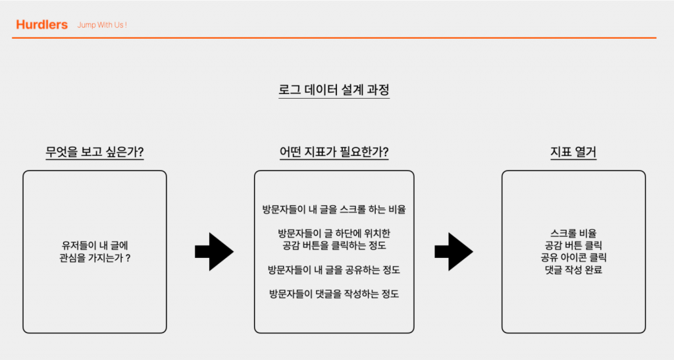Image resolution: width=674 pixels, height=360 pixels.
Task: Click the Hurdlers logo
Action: click(x=41, y=25)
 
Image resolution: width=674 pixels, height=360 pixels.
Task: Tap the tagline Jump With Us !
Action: click(x=102, y=25)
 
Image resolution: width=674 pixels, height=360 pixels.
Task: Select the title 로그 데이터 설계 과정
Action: click(x=334, y=90)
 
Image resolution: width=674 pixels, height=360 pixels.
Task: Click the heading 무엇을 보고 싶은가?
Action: click(x=95, y=153)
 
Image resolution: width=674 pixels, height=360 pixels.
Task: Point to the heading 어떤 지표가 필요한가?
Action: click(x=334, y=153)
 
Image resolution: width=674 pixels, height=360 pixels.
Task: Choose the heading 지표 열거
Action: click(x=573, y=153)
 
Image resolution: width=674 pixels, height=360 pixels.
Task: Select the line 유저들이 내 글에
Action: click(x=95, y=245)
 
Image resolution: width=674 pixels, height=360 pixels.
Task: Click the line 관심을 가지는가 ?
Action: click(x=95, y=258)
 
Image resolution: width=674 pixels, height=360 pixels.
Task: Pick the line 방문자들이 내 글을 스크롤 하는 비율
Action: click(x=334, y=211)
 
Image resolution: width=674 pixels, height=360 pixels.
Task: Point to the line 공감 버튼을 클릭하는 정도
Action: click(x=334, y=246)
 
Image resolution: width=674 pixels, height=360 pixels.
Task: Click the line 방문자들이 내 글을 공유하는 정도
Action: click(x=334, y=270)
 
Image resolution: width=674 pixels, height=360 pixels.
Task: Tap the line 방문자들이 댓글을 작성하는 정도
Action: click(x=334, y=294)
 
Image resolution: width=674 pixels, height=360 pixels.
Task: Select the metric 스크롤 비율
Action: click(x=573, y=233)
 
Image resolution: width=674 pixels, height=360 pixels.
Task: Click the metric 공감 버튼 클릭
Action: click(x=573, y=245)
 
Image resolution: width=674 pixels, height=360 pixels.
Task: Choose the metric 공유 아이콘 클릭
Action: click(x=573, y=257)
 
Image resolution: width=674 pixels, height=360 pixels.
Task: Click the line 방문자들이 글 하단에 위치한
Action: click(x=334, y=234)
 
